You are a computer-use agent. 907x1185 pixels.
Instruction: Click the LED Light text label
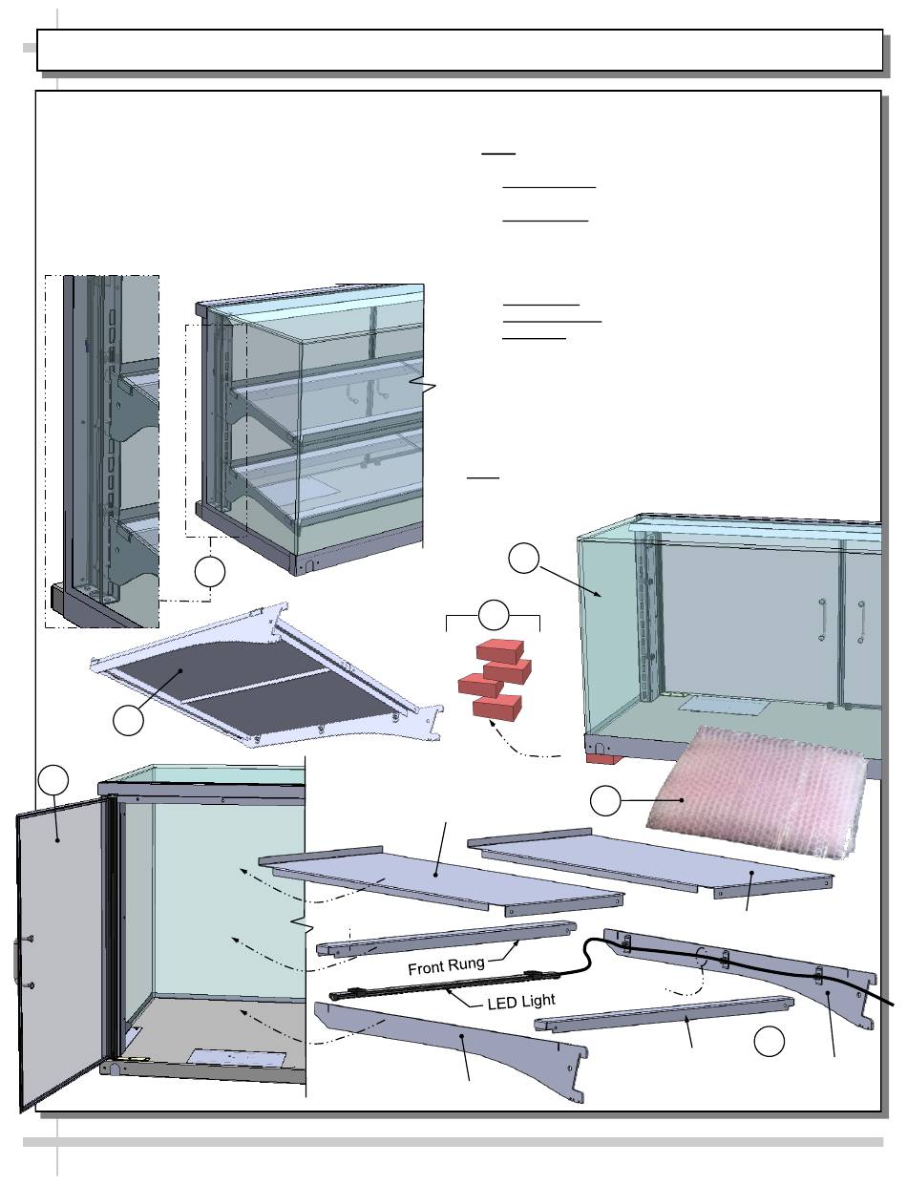(x=521, y=1004)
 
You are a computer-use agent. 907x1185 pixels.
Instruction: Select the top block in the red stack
(x=502, y=651)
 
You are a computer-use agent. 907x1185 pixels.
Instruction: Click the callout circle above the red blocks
(x=493, y=614)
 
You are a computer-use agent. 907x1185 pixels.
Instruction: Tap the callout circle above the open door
(x=54, y=781)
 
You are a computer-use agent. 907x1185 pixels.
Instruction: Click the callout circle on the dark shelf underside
(x=128, y=720)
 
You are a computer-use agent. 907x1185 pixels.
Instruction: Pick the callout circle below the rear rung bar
(x=770, y=1043)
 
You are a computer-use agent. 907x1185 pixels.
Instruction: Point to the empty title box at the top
(x=459, y=50)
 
